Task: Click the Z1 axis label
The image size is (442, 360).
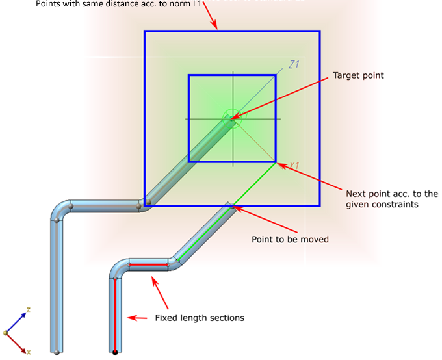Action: pyautogui.click(x=293, y=64)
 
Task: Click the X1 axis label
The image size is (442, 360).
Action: pyautogui.click(x=293, y=165)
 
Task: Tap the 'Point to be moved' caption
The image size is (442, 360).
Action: pyautogui.click(x=290, y=239)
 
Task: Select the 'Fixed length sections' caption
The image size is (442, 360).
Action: pyautogui.click(x=200, y=318)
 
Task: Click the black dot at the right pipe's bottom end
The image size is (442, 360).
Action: pyautogui.click(x=115, y=352)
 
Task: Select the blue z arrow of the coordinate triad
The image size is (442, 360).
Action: pyautogui.click(x=18, y=319)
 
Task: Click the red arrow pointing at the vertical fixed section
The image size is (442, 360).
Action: pyautogui.click(x=137, y=318)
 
